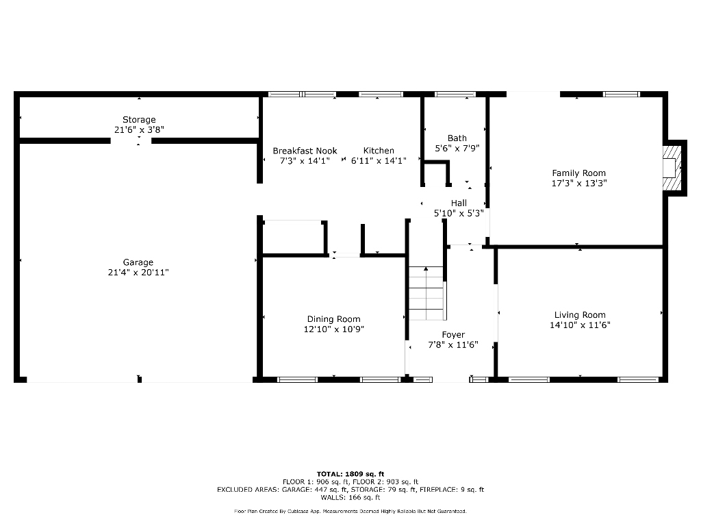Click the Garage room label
(x=138, y=262)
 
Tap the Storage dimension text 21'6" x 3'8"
(x=139, y=129)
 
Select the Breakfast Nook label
(x=305, y=151)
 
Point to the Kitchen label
(x=379, y=151)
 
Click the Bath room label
(x=457, y=138)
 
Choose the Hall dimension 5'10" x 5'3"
(x=459, y=213)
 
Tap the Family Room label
(x=579, y=173)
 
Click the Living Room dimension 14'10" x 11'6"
(x=580, y=325)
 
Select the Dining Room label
(x=333, y=319)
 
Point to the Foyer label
(x=453, y=335)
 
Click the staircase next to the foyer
(x=426, y=293)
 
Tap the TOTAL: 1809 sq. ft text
(x=350, y=474)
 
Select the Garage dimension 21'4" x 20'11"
(x=138, y=273)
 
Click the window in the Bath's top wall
(x=455, y=94)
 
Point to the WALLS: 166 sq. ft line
(x=350, y=497)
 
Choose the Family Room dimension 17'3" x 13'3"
(x=579, y=184)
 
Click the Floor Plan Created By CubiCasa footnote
(x=350, y=512)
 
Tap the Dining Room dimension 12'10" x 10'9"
(x=333, y=329)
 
